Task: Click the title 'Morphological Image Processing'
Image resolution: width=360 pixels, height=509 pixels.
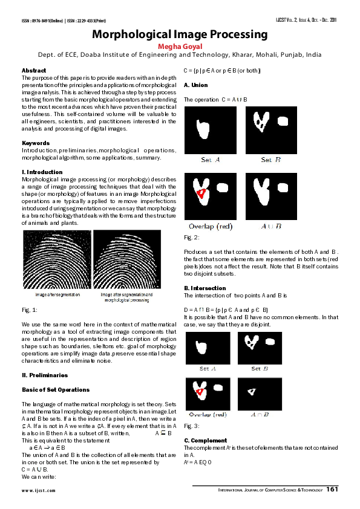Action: (x=179, y=35)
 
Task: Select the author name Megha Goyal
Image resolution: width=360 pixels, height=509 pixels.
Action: (x=179, y=45)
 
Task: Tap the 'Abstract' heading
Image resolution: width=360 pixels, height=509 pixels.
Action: (x=34, y=71)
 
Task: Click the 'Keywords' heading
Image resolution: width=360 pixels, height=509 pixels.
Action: (x=36, y=143)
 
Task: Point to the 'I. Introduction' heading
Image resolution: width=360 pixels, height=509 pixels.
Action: (x=42, y=172)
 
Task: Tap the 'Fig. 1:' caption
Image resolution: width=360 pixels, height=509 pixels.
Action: (x=30, y=310)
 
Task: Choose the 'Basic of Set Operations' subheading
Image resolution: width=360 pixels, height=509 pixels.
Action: (x=56, y=390)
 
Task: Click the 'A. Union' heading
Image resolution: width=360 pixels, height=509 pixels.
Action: (x=195, y=85)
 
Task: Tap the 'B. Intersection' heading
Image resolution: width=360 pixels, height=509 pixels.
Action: (x=205, y=288)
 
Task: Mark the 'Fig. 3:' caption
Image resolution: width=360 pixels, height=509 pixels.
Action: (x=192, y=426)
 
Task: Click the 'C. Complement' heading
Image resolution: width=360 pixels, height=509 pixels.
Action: (x=206, y=441)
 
